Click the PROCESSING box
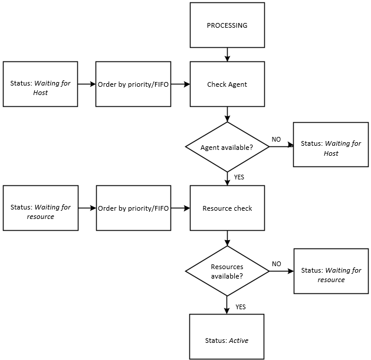pyautogui.click(x=227, y=25)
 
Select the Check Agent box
pyautogui.click(x=227, y=84)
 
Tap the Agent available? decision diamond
pyautogui.click(x=227, y=147)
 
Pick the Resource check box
pyautogui.click(x=227, y=208)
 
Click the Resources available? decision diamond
pyautogui.click(x=227, y=271)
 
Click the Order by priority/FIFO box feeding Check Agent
pyautogui.click(x=133, y=84)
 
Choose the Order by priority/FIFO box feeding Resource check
pyautogui.click(x=133, y=208)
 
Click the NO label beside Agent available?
pyautogui.click(x=276, y=139)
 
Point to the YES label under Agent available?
pyautogui.click(x=239, y=176)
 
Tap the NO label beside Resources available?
pyautogui.click(x=276, y=264)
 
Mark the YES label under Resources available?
pyautogui.click(x=241, y=307)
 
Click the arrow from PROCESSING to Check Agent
pyautogui.click(x=227, y=54)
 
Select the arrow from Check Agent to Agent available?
pyautogui.click(x=227, y=114)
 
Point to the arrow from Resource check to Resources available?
pyautogui.click(x=227, y=238)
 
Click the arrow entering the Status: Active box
pyautogui.click(x=227, y=305)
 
